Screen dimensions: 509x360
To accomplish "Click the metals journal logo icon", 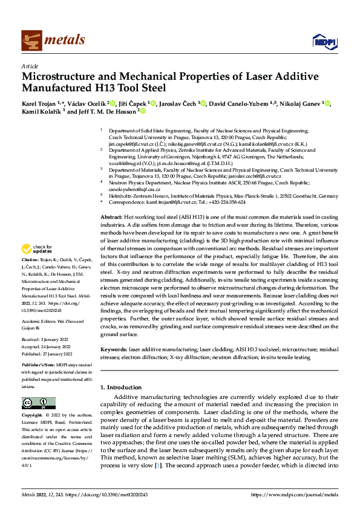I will [x=30, y=40].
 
